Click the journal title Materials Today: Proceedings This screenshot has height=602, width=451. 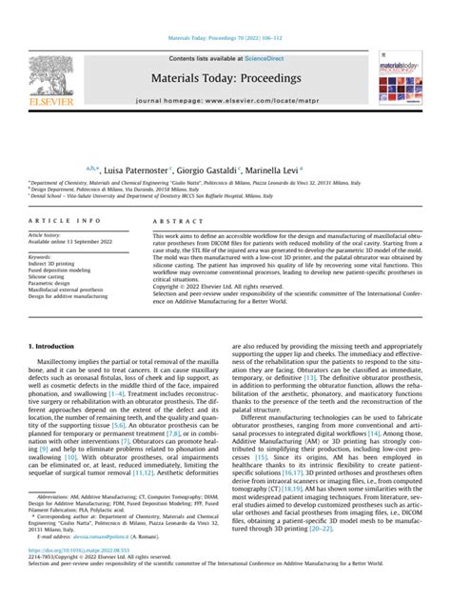point(225,76)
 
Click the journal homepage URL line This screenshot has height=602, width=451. point(225,98)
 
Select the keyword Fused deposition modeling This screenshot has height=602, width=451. point(61,269)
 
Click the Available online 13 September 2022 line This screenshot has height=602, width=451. point(70,242)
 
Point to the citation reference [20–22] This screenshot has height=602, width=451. point(321,529)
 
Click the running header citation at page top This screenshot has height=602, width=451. point(225,39)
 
